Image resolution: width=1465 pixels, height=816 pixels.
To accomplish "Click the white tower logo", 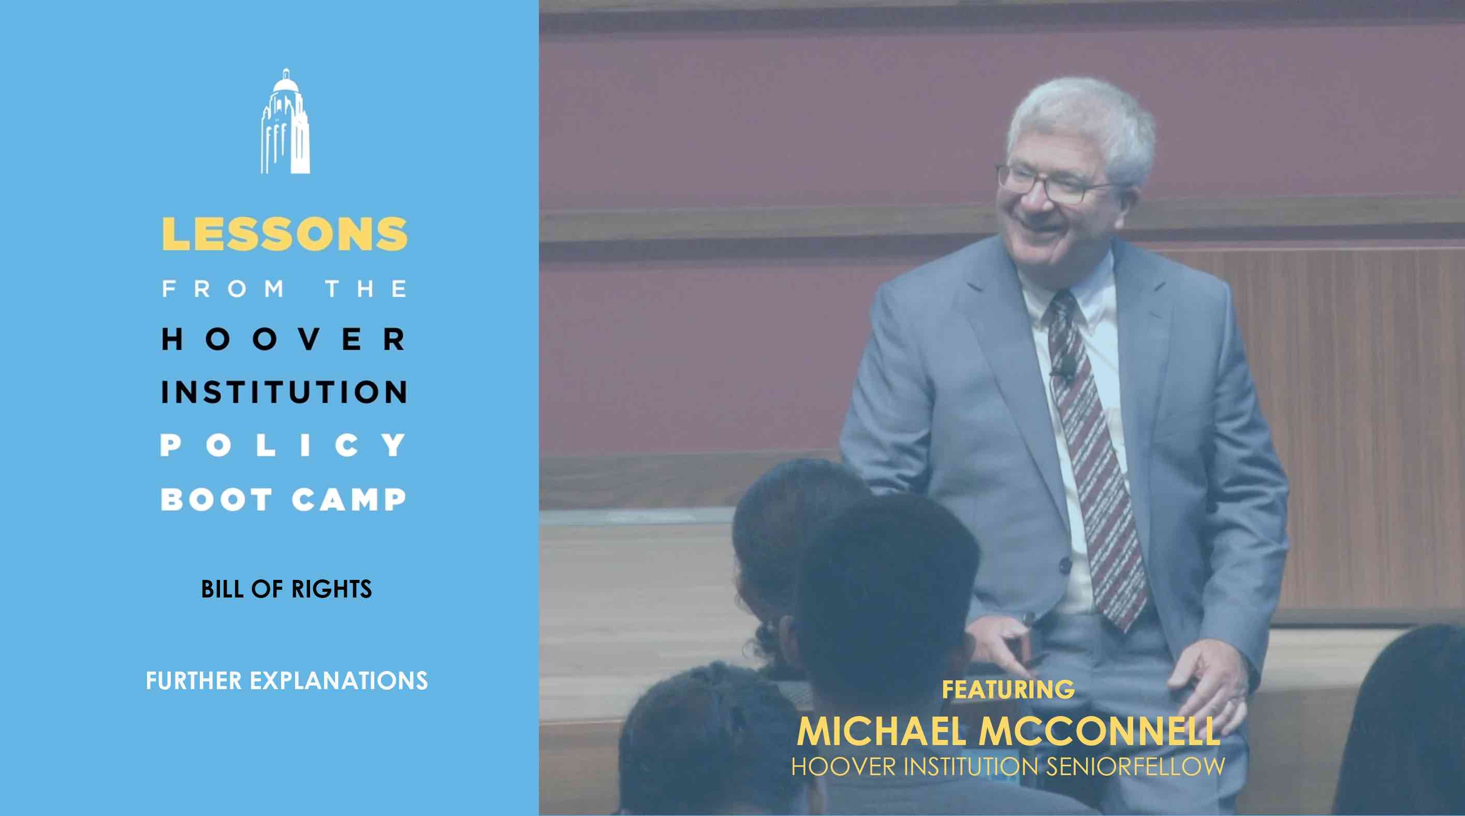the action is (x=285, y=121).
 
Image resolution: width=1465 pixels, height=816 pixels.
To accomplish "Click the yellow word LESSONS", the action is (x=285, y=234).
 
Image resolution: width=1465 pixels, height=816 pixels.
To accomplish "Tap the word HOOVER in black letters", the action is (x=284, y=340).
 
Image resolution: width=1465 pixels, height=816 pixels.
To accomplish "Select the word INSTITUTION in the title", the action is (x=284, y=392).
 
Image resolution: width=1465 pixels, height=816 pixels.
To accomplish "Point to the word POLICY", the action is (x=284, y=445).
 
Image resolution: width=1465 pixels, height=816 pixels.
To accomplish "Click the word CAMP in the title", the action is (x=349, y=499).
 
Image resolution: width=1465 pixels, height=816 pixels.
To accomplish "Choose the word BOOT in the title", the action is (x=217, y=499).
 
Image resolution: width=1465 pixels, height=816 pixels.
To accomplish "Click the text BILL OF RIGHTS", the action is (x=286, y=589).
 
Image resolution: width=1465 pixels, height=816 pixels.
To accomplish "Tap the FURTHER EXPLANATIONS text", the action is (x=287, y=681).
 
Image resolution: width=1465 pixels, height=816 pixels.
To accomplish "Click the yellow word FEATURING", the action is (x=1008, y=689).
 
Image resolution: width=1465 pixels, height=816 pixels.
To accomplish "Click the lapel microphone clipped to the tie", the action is (x=1061, y=374).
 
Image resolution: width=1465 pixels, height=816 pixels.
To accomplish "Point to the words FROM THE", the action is (x=284, y=289).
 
